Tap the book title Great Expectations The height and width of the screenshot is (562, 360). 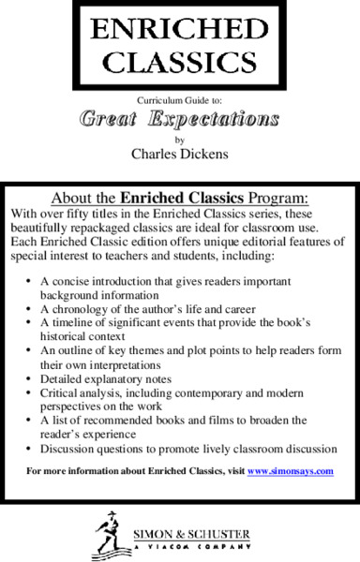point(179,120)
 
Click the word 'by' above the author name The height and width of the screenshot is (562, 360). point(180,139)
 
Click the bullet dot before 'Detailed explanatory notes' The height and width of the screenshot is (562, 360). point(32,377)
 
